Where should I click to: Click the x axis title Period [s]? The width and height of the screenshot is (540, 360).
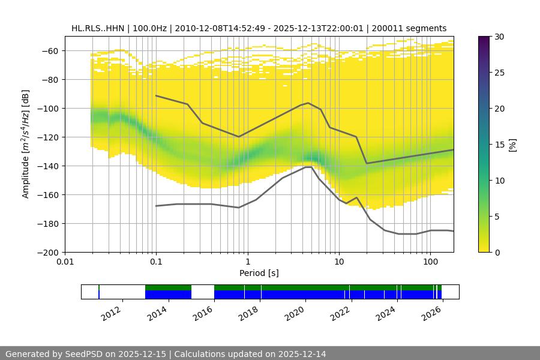pyautogui.click(x=259, y=274)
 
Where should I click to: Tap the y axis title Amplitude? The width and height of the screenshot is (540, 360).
pyautogui.click(x=26, y=144)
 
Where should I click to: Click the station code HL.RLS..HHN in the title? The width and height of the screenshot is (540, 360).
pyautogui.click(x=97, y=28)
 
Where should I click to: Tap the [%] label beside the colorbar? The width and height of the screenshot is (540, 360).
pyautogui.click(x=512, y=145)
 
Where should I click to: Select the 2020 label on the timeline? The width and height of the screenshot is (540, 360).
pyautogui.click(x=296, y=313)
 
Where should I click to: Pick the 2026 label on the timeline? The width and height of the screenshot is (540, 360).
pyautogui.click(x=433, y=313)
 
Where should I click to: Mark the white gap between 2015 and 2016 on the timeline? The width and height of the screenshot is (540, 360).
pyautogui.click(x=203, y=292)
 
